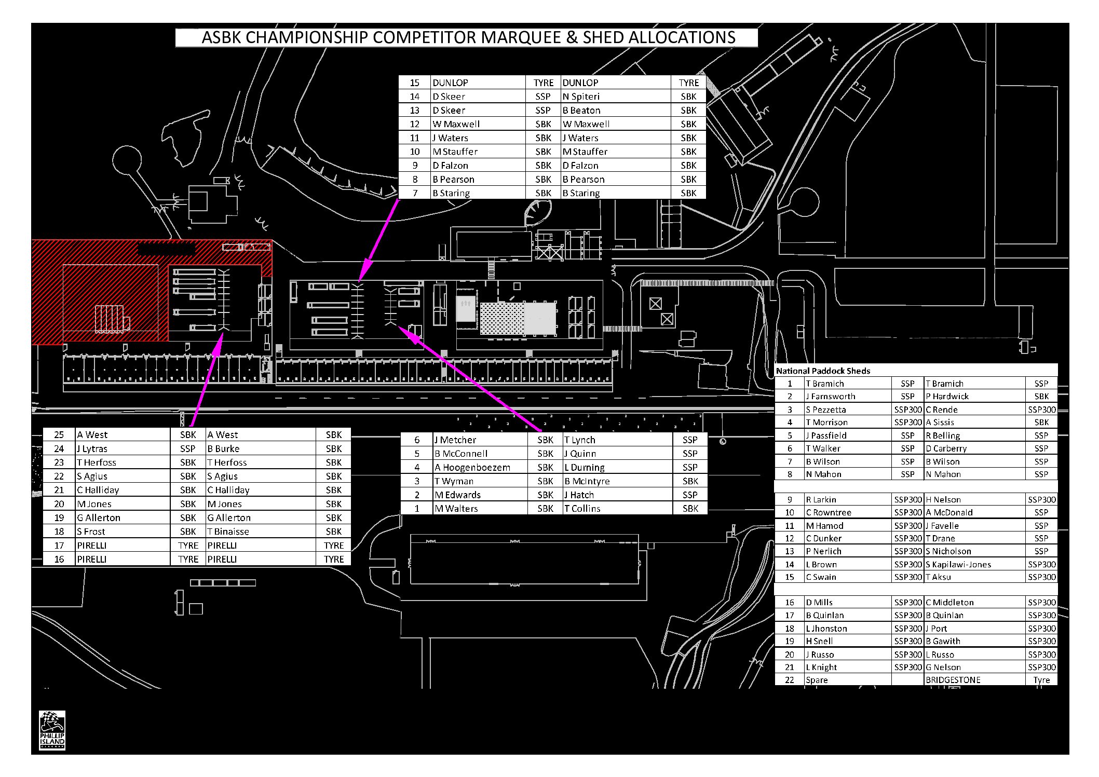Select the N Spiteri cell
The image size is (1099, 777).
click(616, 97)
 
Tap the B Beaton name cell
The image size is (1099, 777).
click(616, 110)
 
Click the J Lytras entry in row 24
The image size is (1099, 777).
click(123, 448)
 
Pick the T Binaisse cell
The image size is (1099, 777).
click(261, 531)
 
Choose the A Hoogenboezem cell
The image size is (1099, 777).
click(481, 467)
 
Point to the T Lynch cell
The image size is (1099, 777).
click(618, 440)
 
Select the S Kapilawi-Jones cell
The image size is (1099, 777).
click(975, 564)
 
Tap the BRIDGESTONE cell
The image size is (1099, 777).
click(975, 680)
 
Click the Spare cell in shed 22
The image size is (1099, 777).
click(848, 680)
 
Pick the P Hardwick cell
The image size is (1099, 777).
click(975, 397)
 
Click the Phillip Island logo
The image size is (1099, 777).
click(52, 730)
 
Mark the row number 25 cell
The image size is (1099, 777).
click(59, 435)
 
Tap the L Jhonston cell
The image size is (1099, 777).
click(848, 629)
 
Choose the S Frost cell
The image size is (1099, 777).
click(123, 531)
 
